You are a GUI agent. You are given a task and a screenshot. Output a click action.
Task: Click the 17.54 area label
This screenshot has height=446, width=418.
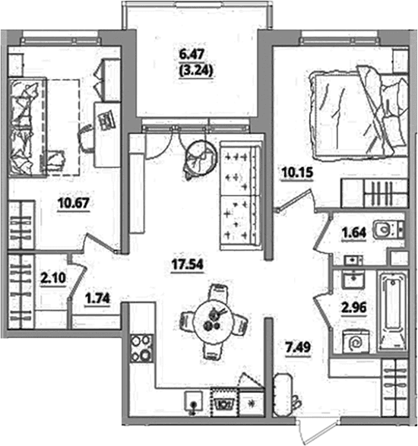[x=188, y=264]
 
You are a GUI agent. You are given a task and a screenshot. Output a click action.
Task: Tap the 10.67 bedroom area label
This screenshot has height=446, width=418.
[x=74, y=203]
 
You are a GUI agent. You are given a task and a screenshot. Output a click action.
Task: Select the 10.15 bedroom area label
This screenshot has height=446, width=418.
[x=297, y=172]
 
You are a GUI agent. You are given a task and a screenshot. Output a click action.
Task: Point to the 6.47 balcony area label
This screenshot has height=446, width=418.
[x=192, y=55]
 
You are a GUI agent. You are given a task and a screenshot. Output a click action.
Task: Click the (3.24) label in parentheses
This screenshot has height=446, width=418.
[x=196, y=71]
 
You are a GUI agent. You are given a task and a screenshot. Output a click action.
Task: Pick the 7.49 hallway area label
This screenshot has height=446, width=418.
[x=299, y=347]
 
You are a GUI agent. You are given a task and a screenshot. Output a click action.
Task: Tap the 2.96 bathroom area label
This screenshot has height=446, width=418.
[x=354, y=308]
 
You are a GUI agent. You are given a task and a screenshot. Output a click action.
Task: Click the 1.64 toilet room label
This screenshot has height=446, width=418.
[x=353, y=233]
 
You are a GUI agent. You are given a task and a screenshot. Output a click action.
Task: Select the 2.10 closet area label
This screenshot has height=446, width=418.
[x=53, y=278]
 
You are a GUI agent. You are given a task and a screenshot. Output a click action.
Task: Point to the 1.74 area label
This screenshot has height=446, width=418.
[x=97, y=299]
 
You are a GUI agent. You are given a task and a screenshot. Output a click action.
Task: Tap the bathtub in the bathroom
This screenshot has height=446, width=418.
[x=393, y=311]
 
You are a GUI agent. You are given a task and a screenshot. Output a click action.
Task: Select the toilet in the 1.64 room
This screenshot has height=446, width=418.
[x=388, y=229]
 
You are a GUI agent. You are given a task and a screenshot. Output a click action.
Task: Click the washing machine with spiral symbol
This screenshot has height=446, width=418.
[x=356, y=342]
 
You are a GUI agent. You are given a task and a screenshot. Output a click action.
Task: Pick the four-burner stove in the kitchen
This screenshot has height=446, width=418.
[x=141, y=348]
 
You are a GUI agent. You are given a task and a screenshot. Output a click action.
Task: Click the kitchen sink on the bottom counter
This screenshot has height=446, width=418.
[x=194, y=401]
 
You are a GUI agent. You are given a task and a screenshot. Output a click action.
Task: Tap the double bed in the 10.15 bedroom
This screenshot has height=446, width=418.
[x=359, y=113]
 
